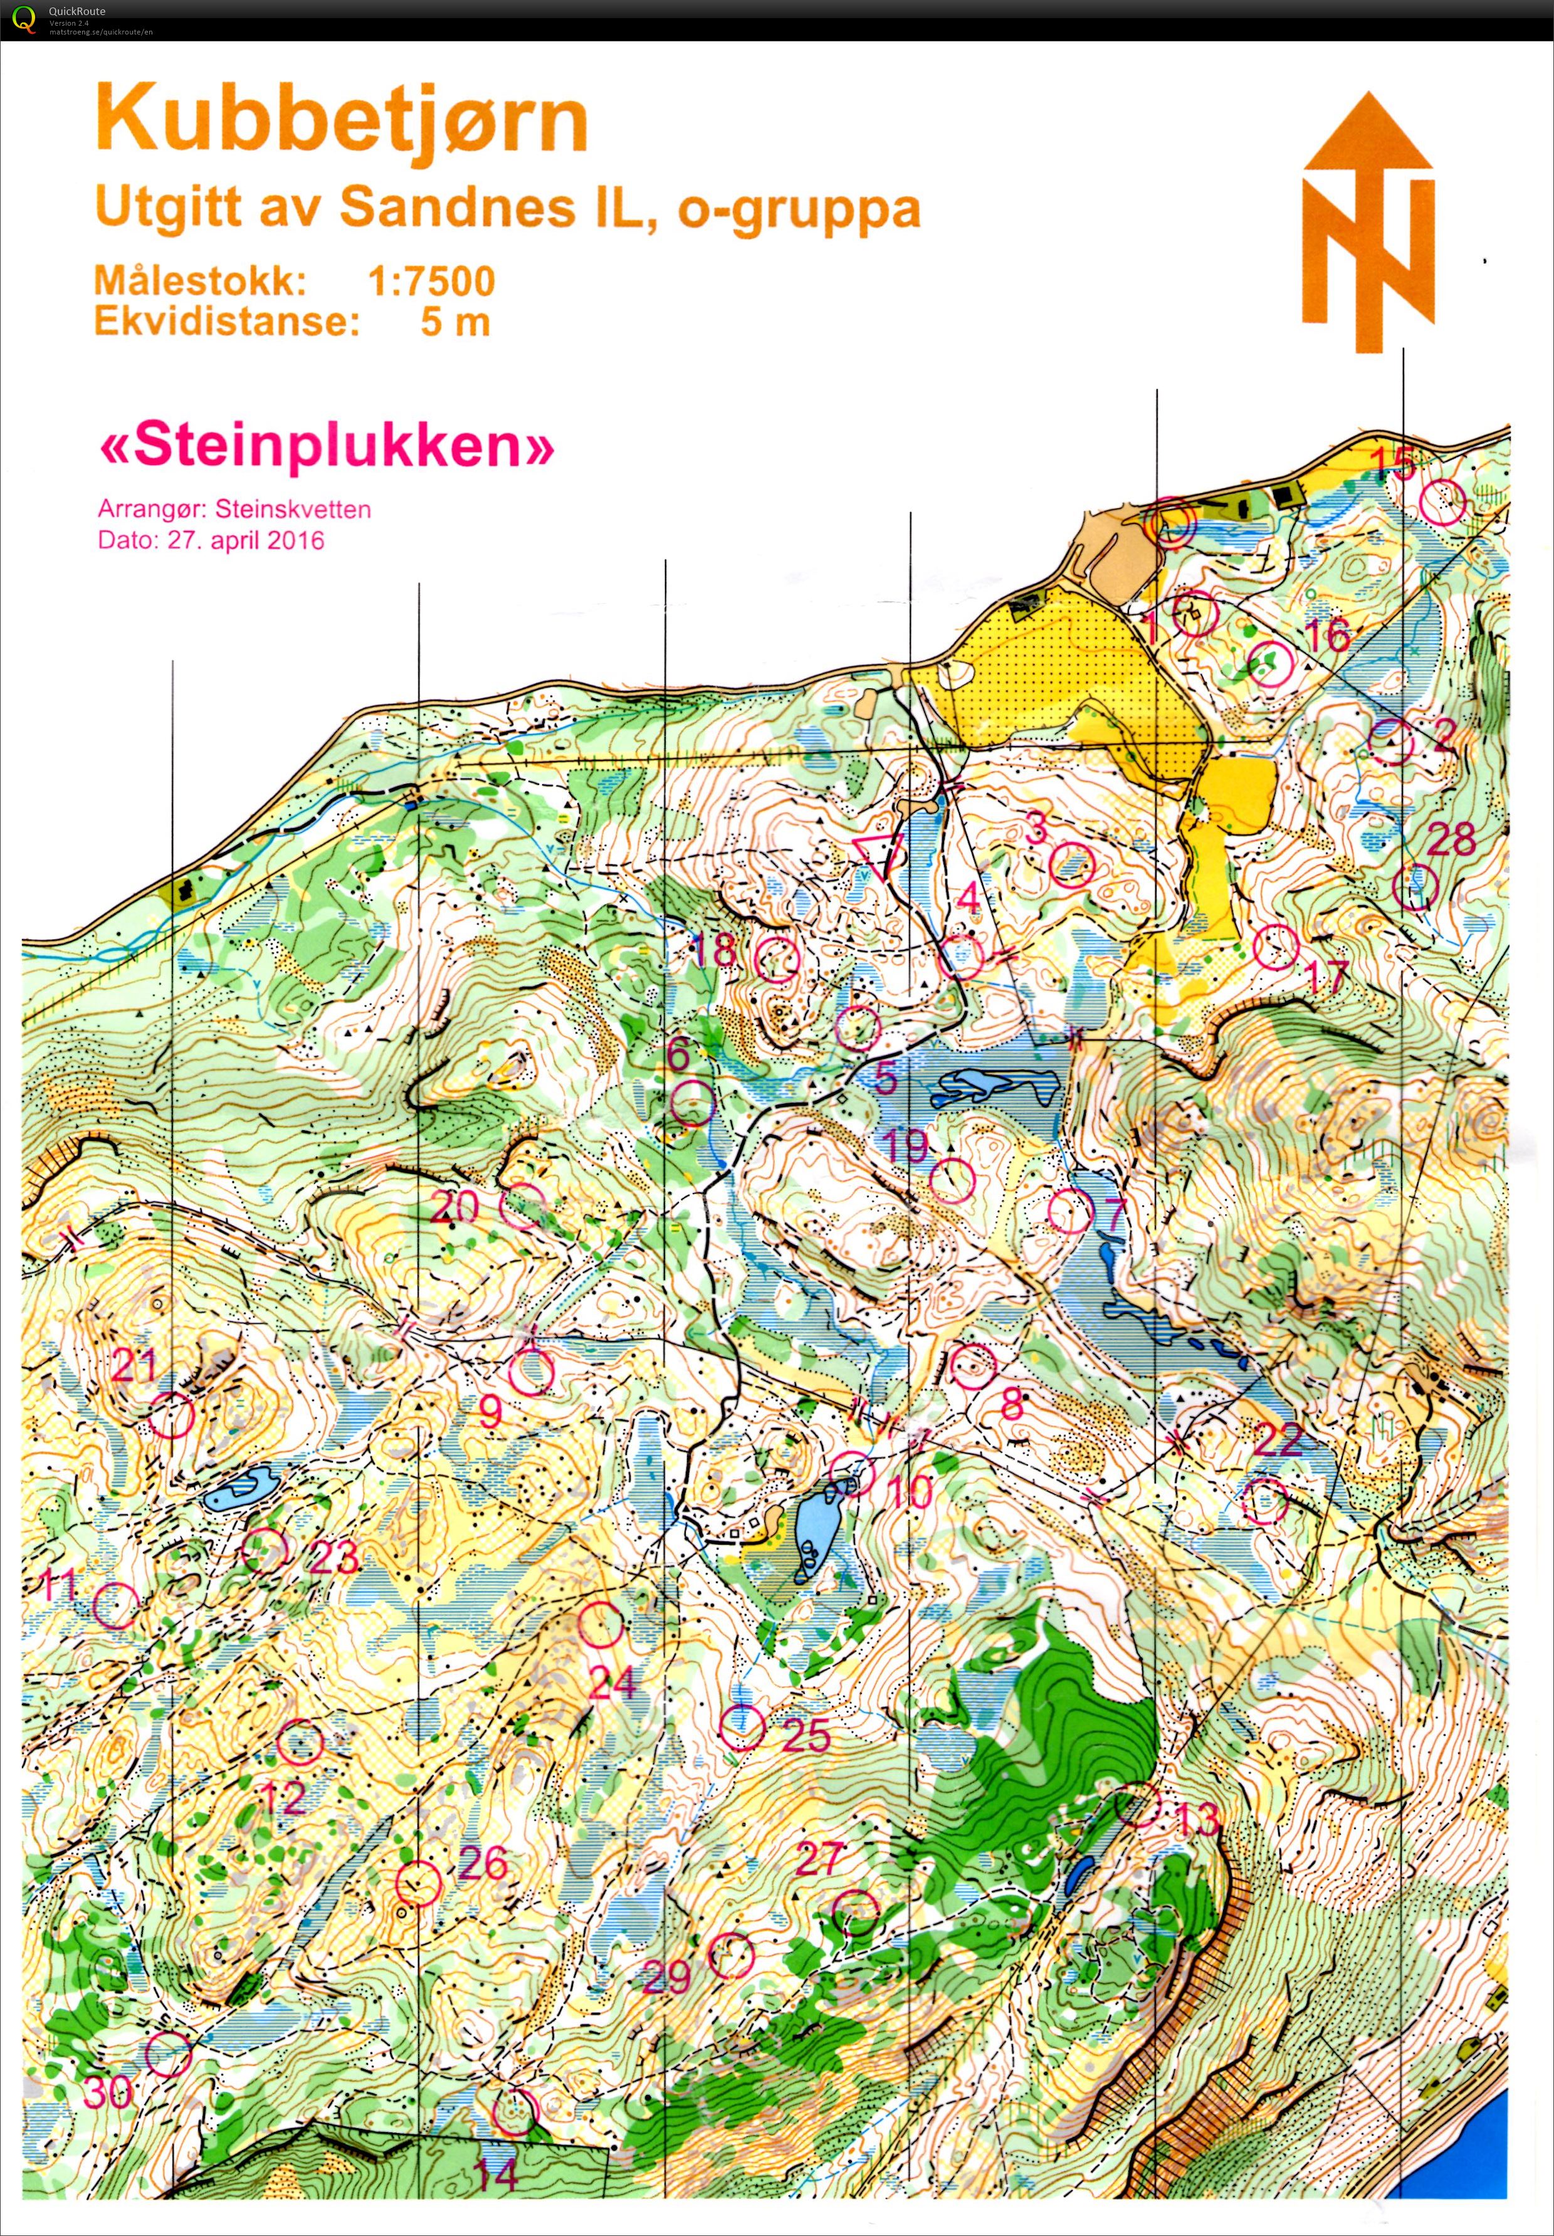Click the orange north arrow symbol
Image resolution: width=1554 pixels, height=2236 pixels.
(x=1368, y=222)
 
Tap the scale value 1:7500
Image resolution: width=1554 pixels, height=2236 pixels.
(x=431, y=282)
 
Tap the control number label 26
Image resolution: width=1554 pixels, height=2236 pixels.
(x=483, y=1863)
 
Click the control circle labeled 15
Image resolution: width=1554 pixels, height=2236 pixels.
(x=1442, y=504)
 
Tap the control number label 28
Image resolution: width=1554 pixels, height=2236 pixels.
(x=1451, y=838)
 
